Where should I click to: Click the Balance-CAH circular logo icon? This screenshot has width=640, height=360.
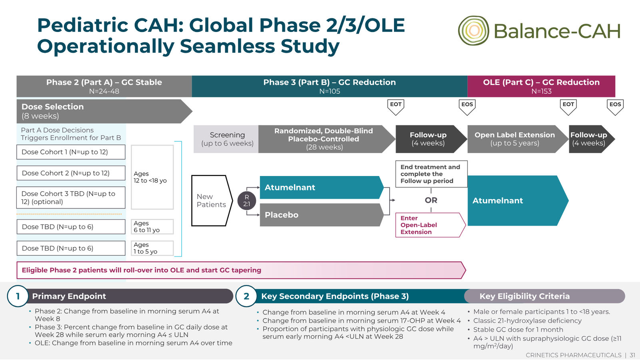(x=474, y=30)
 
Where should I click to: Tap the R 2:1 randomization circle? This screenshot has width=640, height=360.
(x=246, y=200)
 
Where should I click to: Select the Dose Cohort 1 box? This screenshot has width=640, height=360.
(x=71, y=152)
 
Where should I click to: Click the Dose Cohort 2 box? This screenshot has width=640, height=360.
(x=71, y=173)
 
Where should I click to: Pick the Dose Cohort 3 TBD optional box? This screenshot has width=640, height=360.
(x=71, y=198)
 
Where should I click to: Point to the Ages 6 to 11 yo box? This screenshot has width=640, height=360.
(x=152, y=227)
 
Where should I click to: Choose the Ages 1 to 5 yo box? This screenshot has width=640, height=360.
(x=152, y=248)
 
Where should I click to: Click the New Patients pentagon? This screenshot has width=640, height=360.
(x=212, y=200)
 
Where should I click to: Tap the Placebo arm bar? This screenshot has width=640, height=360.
(x=322, y=215)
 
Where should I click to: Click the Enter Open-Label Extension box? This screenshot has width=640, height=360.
(x=430, y=225)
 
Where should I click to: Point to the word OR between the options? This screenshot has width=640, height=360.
(x=431, y=200)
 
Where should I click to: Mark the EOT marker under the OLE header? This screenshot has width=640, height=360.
(x=568, y=107)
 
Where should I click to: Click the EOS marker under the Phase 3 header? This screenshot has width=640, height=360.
(x=467, y=107)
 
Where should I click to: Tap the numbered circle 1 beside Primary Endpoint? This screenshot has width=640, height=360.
(x=18, y=296)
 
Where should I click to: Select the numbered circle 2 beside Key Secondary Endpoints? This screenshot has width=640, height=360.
(x=246, y=296)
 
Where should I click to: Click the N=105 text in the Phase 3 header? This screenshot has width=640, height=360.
(x=330, y=92)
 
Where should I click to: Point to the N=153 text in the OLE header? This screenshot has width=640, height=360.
(x=542, y=92)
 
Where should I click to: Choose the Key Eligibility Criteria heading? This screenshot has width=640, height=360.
(x=524, y=296)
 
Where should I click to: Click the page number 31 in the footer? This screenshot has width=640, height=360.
(x=632, y=355)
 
